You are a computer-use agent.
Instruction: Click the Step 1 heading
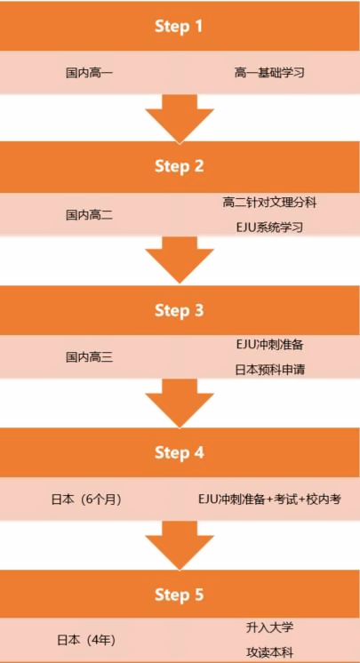point(180,27)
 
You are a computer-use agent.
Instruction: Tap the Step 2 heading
point(180,166)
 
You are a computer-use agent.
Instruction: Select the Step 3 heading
point(180,311)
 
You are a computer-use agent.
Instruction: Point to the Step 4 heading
point(180,452)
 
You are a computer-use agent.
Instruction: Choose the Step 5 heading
point(180,595)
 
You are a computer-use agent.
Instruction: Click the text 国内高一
point(89,73)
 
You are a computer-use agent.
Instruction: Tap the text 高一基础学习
point(270,73)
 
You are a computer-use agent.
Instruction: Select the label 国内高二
point(89,215)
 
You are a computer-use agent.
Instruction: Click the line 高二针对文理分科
point(270,203)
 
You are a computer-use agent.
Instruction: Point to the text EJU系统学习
point(270,228)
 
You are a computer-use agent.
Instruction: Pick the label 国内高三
point(89,357)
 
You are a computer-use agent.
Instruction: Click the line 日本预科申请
point(270,370)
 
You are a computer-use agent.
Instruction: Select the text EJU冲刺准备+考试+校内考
point(270,499)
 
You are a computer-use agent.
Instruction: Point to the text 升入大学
point(270,627)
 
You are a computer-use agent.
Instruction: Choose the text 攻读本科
point(270,651)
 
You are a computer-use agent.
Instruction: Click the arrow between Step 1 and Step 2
point(180,118)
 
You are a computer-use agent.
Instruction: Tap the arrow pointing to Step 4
point(180,403)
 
